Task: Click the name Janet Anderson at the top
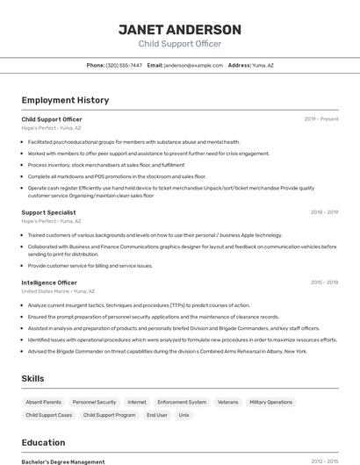[180, 30]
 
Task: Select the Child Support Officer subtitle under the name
[180, 44]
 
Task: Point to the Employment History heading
[65, 100]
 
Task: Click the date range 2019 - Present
[321, 118]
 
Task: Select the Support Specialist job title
[48, 212]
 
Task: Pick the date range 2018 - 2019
[324, 212]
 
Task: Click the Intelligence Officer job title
[49, 283]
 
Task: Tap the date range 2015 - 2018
[324, 283]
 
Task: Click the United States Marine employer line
[58, 290]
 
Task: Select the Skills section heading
[33, 378]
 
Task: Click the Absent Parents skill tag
[44, 402]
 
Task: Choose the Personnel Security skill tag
[94, 402]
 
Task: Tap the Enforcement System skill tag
[182, 402]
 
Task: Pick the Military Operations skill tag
[270, 402]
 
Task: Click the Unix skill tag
[184, 415]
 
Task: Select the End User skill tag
[157, 415]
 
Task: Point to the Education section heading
[44, 443]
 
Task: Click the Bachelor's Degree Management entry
[63, 461]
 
